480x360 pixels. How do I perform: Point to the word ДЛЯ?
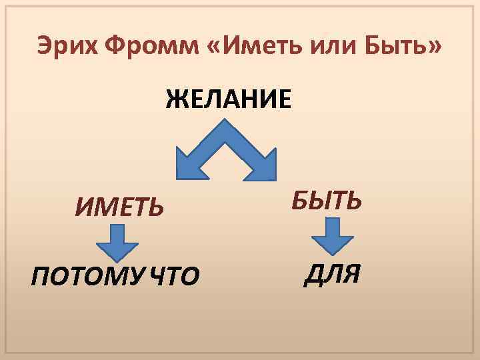(x=332, y=274)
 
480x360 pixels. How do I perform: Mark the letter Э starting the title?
(x=43, y=47)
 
